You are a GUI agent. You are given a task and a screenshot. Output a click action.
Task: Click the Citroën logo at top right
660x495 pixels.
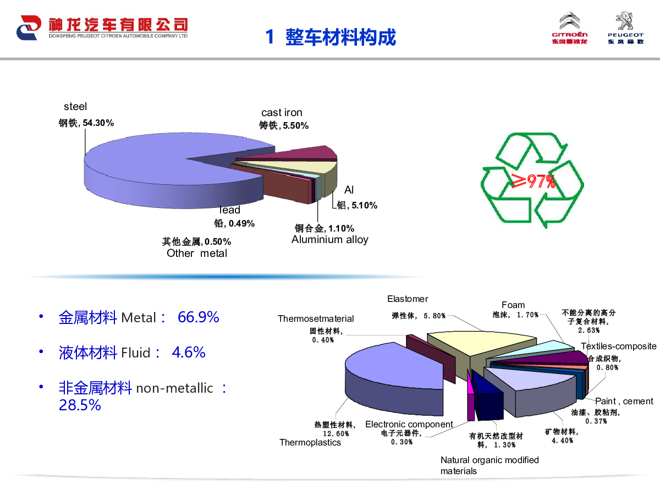pos(569,28)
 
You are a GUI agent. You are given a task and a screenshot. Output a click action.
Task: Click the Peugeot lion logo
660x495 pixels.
pos(625,28)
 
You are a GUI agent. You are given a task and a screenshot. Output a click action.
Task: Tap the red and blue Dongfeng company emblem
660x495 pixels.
pos(29,28)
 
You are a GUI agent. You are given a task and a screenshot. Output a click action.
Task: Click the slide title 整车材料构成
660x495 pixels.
pos(340,37)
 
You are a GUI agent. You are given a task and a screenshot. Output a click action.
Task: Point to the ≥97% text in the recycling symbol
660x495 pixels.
pos(533,182)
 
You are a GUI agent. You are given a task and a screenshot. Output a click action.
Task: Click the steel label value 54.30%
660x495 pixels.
pos(98,123)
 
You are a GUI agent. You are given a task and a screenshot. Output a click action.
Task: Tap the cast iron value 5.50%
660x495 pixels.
pos(295,125)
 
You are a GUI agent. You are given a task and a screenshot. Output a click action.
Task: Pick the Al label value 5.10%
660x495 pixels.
pos(365,205)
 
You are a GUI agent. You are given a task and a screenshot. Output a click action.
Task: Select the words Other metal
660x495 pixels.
pos(197,253)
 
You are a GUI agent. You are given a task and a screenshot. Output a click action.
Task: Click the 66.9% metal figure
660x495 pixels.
pos(199,317)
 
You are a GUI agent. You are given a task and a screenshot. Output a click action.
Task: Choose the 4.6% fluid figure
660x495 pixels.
pos(189,352)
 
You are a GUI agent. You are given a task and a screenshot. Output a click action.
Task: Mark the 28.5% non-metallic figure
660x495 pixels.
pos(80,405)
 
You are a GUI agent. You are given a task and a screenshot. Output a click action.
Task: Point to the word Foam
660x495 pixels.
pos(513,305)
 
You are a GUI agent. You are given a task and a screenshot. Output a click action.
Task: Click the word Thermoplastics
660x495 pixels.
pos(310,442)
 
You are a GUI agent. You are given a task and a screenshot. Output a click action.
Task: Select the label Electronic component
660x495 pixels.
pos(409,424)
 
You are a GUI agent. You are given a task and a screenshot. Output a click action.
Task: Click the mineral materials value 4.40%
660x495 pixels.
pos(563,441)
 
